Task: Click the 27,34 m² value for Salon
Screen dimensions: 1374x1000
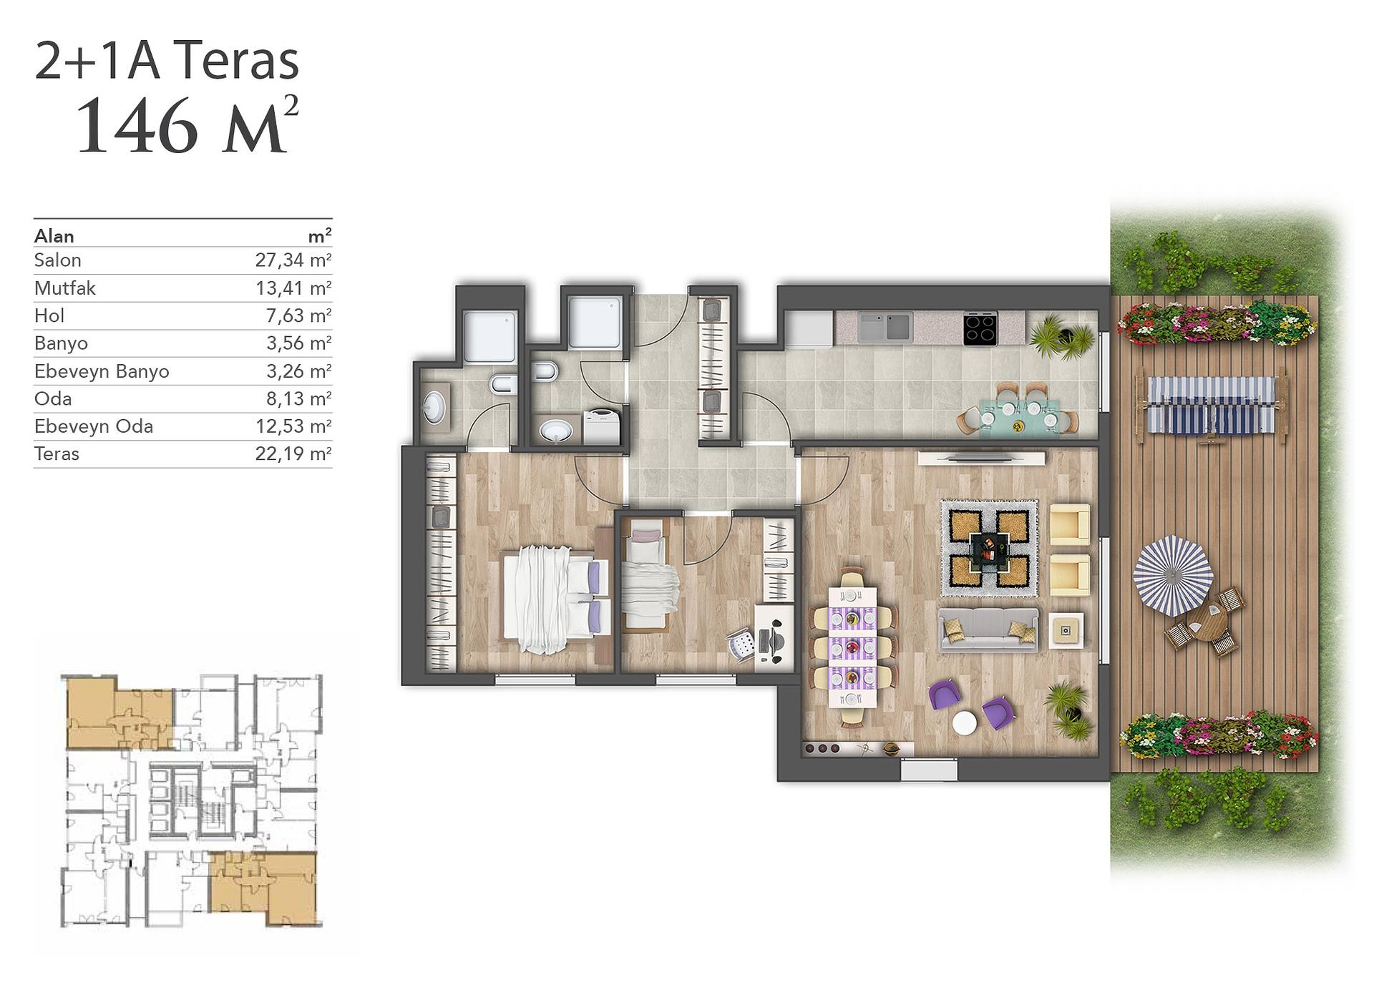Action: pos(293,260)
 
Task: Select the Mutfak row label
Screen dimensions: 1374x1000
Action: pos(64,288)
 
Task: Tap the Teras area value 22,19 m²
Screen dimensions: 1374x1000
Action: pos(293,454)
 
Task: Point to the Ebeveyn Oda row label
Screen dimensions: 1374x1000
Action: pos(94,427)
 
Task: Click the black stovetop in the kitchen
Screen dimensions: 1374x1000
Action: pos(980,329)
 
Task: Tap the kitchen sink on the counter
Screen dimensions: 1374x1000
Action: pos(885,326)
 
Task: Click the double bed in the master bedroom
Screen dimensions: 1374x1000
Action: pos(556,599)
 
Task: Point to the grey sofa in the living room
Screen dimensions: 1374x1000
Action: pos(988,629)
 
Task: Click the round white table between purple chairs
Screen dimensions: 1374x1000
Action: pos(965,722)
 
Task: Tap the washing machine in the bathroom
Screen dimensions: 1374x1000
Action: pos(600,427)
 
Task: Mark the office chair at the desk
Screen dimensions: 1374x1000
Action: pos(741,644)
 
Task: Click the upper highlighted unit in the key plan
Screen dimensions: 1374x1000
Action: pos(120,713)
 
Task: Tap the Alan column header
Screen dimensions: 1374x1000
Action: pos(54,236)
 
